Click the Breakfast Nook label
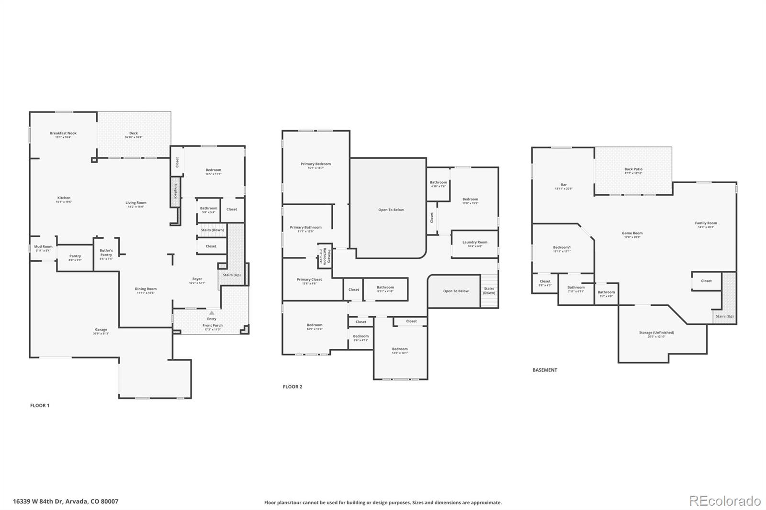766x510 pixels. pos(63,133)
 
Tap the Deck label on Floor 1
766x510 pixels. pos(134,133)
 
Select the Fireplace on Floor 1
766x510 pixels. pos(176,191)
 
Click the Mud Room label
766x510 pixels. pos(43,247)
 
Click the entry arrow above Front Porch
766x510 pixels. pos(212,313)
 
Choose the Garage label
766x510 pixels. pos(101,330)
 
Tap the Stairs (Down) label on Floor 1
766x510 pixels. pos(212,230)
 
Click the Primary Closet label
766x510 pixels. pos(309,279)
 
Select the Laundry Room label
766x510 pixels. pos(474,242)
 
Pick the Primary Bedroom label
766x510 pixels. pos(315,164)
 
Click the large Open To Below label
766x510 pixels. pos(391,210)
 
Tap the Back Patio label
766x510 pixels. pos(633,169)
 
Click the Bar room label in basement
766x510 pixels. pos(563,185)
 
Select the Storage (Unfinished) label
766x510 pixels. pos(656,333)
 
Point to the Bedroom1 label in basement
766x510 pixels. pos(562,247)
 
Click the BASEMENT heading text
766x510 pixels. pos(545,370)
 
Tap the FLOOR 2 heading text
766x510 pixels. pos(293,387)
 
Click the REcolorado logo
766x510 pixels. pos(724,500)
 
